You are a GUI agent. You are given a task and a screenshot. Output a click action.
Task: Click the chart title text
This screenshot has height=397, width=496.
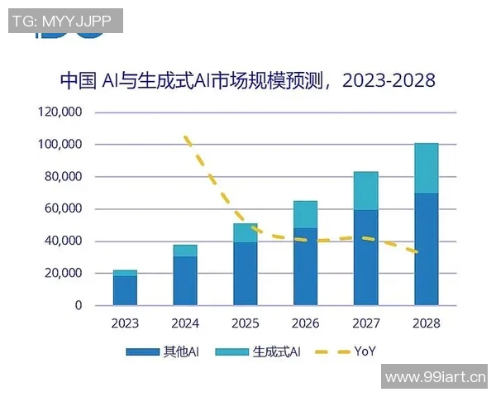click(248, 80)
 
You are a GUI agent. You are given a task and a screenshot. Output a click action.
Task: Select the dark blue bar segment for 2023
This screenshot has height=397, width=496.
click(126, 290)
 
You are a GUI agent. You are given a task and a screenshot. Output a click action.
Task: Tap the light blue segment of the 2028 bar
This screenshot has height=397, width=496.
click(426, 168)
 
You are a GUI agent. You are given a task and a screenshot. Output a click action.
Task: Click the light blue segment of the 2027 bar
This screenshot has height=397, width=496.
click(365, 190)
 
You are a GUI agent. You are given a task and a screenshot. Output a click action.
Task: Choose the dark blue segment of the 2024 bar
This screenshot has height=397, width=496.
click(185, 280)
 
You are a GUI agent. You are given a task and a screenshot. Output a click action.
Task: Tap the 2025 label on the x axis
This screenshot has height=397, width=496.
click(246, 323)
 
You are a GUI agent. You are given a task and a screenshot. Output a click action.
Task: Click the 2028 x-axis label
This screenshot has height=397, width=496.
click(426, 323)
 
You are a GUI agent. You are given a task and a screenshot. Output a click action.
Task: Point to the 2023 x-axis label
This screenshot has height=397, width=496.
click(126, 323)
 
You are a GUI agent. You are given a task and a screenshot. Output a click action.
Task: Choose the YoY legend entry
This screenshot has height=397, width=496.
click(364, 352)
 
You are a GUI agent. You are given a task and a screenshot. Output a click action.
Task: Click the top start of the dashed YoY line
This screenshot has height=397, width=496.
click(186, 136)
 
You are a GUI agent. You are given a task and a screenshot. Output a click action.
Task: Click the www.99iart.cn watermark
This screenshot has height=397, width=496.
click(436, 379)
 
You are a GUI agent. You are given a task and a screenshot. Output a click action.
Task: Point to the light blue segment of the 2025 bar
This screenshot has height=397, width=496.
click(246, 232)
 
